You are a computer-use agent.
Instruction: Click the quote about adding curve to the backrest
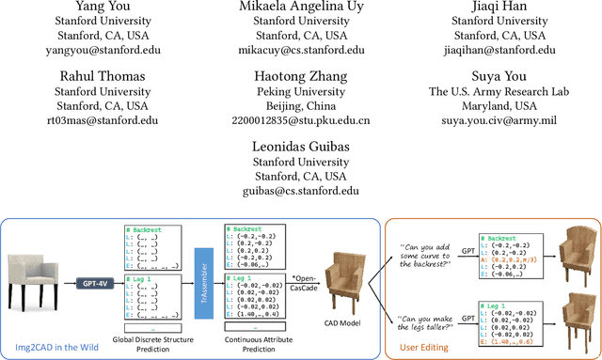tap(414, 248)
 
